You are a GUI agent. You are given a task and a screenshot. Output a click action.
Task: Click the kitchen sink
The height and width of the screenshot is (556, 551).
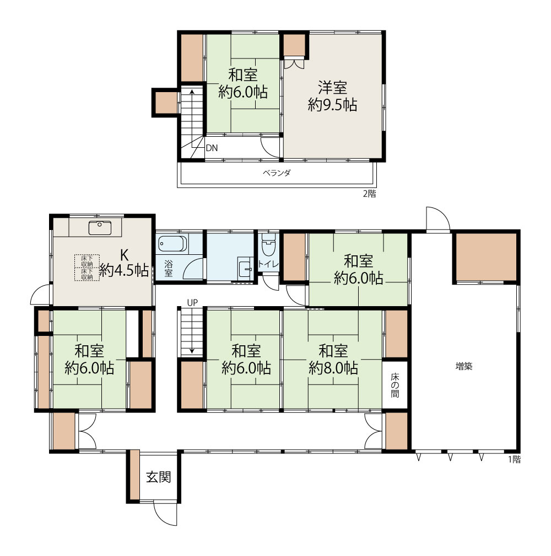point(100,228)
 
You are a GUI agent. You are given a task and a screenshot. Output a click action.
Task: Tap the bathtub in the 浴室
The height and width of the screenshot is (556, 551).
point(172,244)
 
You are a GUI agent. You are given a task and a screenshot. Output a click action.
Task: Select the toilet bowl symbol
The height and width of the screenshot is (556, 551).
point(268,244)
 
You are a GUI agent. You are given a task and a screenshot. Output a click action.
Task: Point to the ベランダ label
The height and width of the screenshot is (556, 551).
point(277,173)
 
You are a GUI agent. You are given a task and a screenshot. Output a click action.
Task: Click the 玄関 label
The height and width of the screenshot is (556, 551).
point(159,477)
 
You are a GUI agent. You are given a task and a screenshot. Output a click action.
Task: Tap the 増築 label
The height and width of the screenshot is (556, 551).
point(464,366)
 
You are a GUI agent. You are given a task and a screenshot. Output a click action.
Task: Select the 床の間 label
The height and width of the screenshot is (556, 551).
point(395,385)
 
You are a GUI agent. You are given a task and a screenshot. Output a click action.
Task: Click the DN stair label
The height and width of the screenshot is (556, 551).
point(212,148)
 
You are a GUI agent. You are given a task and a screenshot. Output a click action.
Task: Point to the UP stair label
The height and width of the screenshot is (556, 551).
point(192,302)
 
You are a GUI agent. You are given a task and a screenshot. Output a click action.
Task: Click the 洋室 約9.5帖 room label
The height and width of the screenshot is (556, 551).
point(332,96)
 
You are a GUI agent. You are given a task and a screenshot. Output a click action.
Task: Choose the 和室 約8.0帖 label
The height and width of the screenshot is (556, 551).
point(333,360)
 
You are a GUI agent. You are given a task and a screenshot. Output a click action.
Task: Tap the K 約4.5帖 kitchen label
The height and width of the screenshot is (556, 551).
point(123,263)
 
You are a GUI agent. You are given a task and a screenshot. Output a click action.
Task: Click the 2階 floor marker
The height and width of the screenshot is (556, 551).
point(369,194)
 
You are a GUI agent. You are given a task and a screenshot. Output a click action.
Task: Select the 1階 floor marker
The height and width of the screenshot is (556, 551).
point(514,459)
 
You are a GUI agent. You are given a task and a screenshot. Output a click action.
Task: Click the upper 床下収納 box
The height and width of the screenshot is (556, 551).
point(87,261)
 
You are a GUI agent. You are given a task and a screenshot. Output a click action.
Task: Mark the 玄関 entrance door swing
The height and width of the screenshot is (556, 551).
point(165,513)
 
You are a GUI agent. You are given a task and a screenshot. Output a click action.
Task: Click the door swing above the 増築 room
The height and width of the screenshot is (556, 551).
point(438,219)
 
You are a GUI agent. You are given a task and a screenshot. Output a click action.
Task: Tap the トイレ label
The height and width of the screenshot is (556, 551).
point(268,264)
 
